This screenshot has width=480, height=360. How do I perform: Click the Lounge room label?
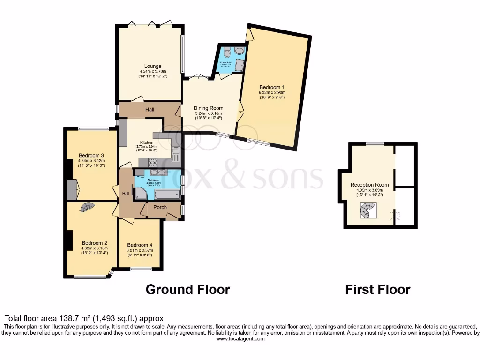(153, 67)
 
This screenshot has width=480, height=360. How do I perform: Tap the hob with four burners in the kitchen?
(153, 163)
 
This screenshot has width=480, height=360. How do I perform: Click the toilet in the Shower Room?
(227, 51)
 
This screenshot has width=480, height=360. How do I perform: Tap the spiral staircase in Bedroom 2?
(86, 207)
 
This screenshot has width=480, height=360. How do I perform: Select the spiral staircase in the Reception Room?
(368, 210)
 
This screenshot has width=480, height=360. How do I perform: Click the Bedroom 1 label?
(272, 87)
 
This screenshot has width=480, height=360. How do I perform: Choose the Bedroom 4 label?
(139, 245)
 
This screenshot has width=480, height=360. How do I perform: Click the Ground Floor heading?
(187, 289)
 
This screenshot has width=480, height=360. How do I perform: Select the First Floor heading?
(378, 290)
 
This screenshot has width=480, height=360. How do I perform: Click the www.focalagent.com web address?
(240, 338)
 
